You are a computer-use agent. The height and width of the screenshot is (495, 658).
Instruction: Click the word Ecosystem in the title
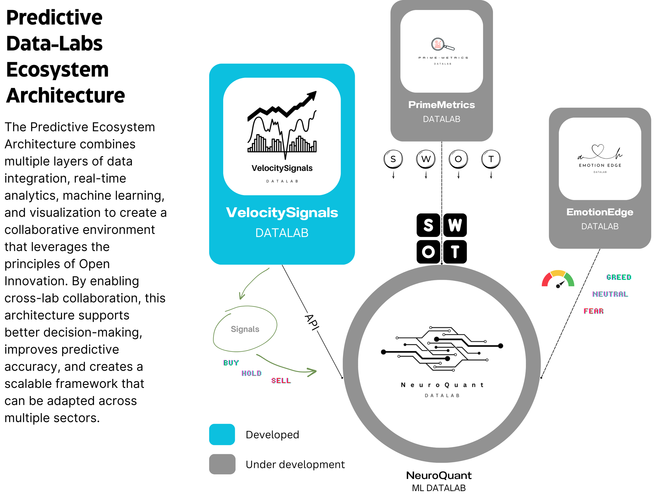pos(57,70)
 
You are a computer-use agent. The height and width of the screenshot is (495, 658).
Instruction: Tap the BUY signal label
pos(231,363)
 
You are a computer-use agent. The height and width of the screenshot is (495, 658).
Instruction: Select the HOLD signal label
pos(251,373)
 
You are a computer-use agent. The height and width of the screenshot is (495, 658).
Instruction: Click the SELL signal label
pos(281,381)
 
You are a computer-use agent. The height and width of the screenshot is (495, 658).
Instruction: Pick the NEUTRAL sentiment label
pos(610,294)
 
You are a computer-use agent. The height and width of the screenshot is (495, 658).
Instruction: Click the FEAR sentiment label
pos(594,311)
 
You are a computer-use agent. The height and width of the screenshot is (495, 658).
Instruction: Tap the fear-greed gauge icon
pos(558,279)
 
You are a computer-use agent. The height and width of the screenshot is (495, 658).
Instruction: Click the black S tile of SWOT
pos(428,225)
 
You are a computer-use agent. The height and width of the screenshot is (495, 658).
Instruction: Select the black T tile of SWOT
pos(455,252)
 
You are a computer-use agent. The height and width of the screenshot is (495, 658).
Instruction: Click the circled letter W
pos(426,159)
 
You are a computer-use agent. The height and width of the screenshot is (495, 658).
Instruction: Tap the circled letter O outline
pos(458,159)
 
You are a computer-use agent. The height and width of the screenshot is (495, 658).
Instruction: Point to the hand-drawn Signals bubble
pos(245,329)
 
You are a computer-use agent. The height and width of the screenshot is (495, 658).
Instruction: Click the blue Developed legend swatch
pos(222,435)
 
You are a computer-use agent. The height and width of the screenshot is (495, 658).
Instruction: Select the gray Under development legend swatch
pos(222,464)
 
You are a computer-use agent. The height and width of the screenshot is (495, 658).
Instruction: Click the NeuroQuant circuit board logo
pos(442,349)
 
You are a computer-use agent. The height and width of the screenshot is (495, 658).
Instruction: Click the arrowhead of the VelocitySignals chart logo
pos(312,96)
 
